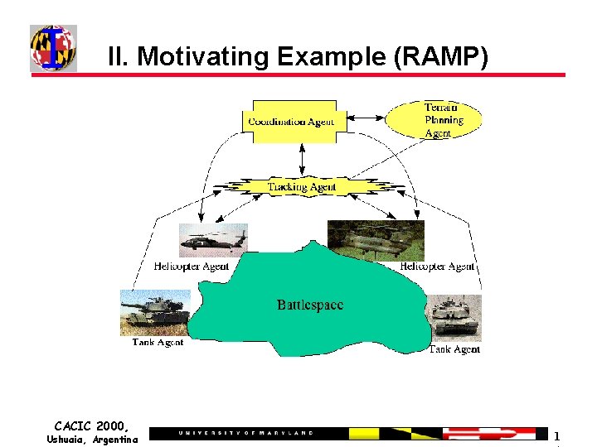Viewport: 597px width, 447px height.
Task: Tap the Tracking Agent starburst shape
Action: [x=301, y=187]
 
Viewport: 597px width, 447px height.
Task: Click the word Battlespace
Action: [x=309, y=305]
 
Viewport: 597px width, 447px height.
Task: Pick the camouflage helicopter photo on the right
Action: [x=376, y=240]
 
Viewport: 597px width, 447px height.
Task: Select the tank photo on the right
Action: [x=453, y=318]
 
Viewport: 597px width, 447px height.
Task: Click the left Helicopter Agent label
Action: [x=191, y=267]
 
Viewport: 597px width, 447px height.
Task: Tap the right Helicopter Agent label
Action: [x=437, y=267]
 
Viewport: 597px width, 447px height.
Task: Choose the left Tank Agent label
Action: [x=158, y=342]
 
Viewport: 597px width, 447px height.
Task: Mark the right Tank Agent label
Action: [x=454, y=349]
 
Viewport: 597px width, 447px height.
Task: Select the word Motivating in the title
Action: [x=204, y=56]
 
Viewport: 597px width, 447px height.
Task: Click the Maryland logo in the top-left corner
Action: [x=53, y=47]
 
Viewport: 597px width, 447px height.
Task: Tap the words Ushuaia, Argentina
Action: [x=92, y=440]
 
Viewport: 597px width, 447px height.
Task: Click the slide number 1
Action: [x=557, y=435]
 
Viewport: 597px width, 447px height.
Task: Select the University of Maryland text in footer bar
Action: [x=246, y=433]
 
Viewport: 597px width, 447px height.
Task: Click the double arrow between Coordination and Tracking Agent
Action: [x=302, y=158]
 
